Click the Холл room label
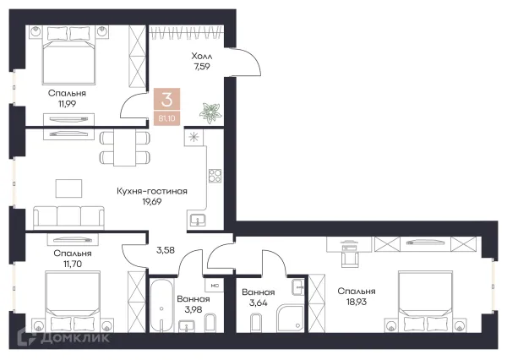(x=202, y=56)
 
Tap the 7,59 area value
(x=202, y=67)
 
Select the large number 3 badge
(x=166, y=100)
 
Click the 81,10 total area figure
(x=166, y=118)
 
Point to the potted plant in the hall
(x=210, y=112)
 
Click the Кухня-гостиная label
(x=152, y=191)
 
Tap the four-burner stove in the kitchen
(x=215, y=176)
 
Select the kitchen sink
(x=197, y=221)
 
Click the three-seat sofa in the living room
(x=69, y=217)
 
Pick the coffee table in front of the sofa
(x=69, y=188)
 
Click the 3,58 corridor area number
(x=166, y=250)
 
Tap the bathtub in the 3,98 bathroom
(x=161, y=305)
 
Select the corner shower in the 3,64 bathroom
(x=290, y=319)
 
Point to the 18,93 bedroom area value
(x=357, y=302)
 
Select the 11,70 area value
(x=73, y=264)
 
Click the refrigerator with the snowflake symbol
(x=194, y=137)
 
